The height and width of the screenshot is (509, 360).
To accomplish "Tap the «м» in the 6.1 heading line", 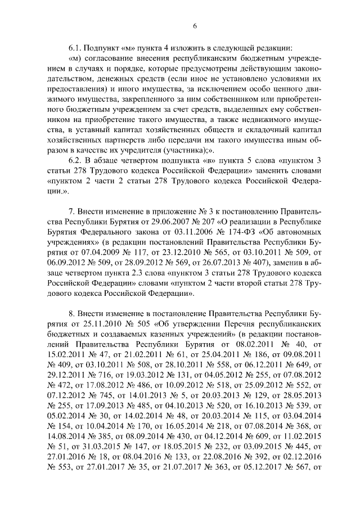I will [x=128, y=47].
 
